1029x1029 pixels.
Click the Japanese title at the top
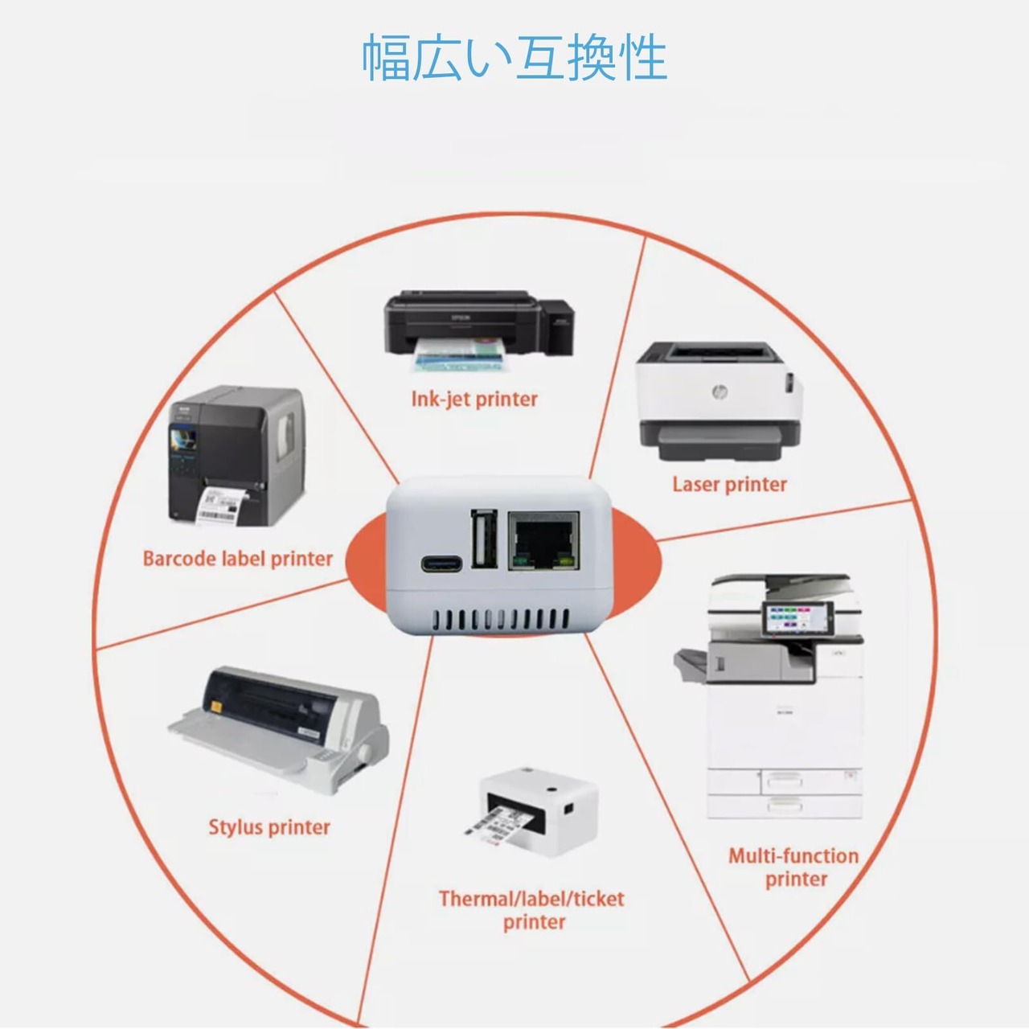[x=514, y=57]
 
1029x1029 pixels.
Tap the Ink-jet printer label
[x=474, y=399]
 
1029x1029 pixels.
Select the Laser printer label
[x=729, y=484]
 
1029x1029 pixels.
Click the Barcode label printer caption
[x=237, y=559]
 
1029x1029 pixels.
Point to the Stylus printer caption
[x=269, y=827]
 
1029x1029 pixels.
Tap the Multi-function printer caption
[x=794, y=867]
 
